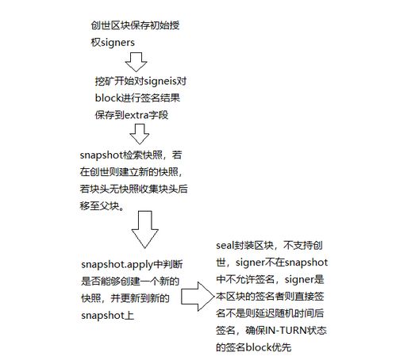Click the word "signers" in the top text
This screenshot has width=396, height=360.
click(x=117, y=43)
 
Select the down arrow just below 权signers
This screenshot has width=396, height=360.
click(x=136, y=62)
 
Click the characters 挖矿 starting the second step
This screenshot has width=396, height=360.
click(x=105, y=81)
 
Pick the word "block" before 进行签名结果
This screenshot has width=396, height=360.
click(x=108, y=98)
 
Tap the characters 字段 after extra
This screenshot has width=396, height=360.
click(x=159, y=115)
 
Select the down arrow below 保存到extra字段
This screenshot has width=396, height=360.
click(x=140, y=134)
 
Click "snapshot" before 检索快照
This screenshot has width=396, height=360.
click(x=101, y=155)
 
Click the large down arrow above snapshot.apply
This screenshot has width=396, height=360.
click(x=145, y=229)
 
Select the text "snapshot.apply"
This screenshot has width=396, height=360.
click(x=117, y=265)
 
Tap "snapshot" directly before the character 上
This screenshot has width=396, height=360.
click(x=102, y=316)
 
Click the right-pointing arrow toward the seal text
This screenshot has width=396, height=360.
click(x=198, y=297)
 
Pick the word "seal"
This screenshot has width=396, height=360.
click(x=225, y=246)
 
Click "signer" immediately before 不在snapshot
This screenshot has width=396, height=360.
click(x=250, y=262)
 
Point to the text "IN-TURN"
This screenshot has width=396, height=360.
click(x=286, y=331)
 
